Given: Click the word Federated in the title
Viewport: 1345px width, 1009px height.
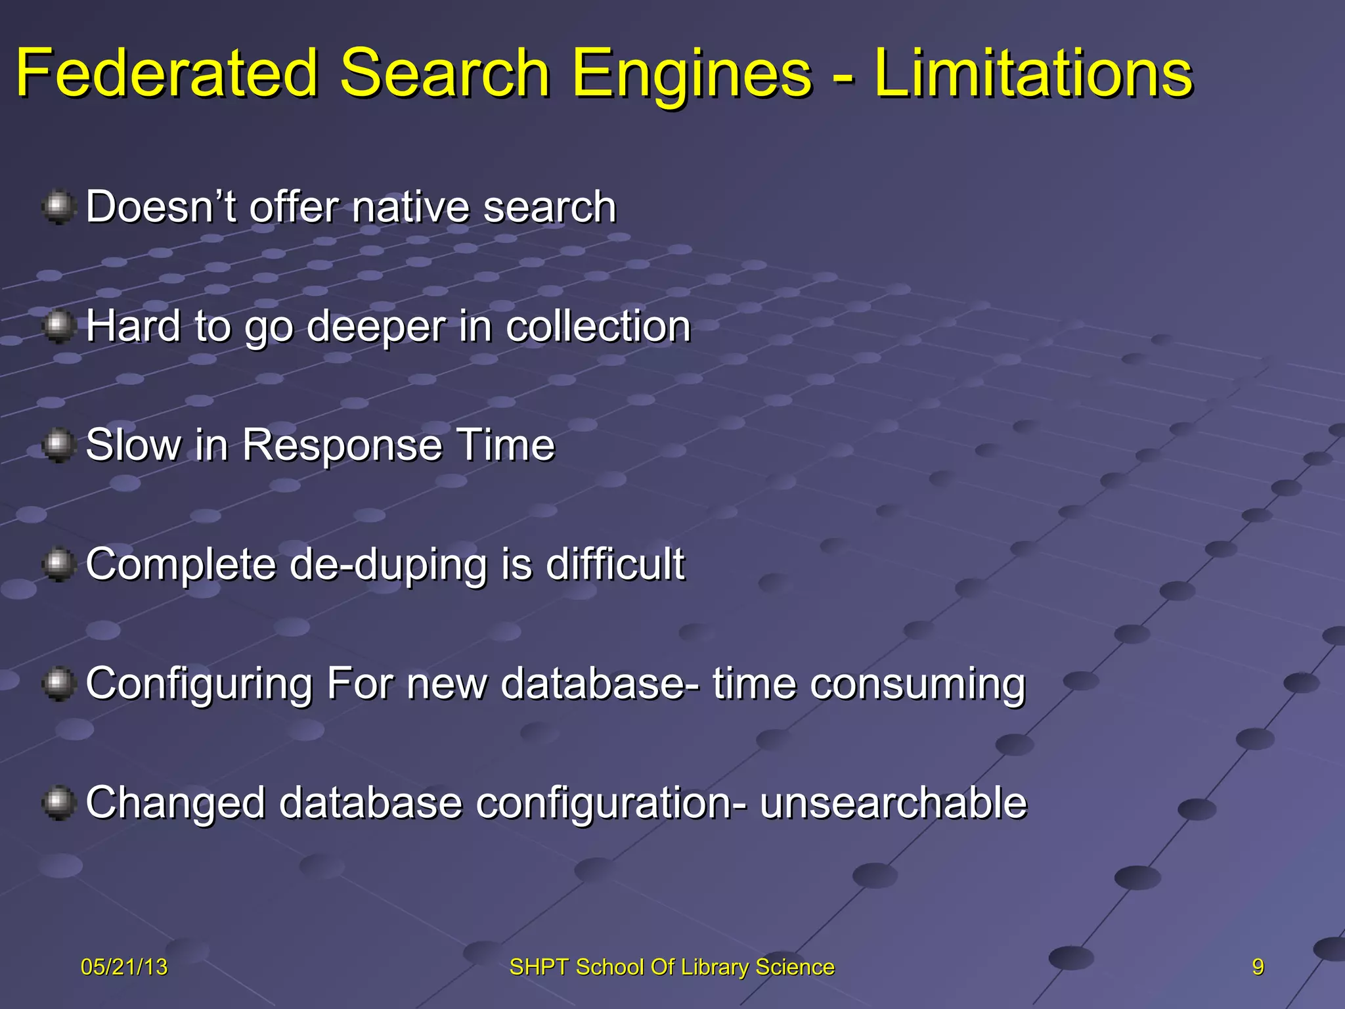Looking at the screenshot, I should [167, 74].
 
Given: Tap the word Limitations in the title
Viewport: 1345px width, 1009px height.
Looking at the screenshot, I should [1032, 74].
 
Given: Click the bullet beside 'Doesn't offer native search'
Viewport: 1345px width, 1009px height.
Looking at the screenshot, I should [59, 207].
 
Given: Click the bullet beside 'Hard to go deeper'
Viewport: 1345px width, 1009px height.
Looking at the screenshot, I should [59, 326].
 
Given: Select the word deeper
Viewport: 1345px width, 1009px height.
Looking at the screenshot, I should [376, 327].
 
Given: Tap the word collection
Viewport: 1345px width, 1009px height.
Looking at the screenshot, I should [598, 326].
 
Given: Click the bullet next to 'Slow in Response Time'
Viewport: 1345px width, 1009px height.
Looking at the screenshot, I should [59, 445].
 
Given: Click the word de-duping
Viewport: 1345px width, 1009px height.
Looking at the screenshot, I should [387, 565].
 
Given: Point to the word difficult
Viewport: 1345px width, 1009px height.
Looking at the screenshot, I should [615, 564].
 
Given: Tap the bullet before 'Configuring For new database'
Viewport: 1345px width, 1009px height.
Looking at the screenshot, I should [59, 684].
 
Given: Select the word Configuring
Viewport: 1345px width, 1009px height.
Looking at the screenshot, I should [199, 684].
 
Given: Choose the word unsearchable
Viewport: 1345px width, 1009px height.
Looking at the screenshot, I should [893, 803].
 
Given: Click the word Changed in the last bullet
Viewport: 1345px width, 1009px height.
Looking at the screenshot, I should [175, 803].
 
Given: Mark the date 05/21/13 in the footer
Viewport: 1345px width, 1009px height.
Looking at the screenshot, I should [124, 967].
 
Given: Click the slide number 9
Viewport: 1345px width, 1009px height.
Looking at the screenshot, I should [1258, 967].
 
